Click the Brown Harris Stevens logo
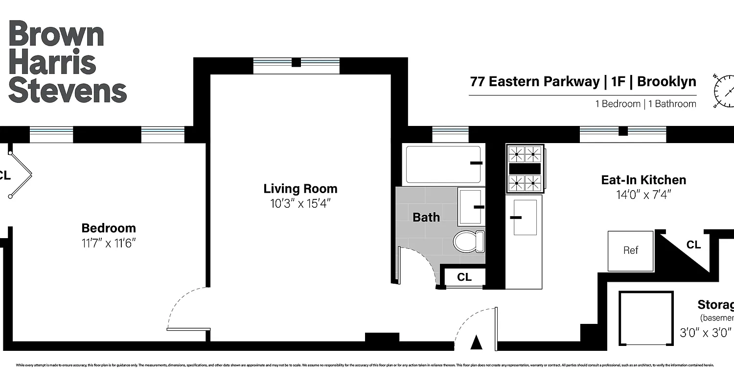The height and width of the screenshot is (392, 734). tap(68, 62)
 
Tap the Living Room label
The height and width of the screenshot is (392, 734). tap(300, 189)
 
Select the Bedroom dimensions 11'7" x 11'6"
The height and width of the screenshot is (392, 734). tap(108, 243)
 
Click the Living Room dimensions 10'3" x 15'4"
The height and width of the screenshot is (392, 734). tap(300, 203)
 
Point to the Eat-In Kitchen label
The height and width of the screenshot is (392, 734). tap(643, 180)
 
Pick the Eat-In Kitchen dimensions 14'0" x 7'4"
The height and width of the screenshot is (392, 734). tap(643, 195)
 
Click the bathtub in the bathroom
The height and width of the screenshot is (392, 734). tap(443, 164)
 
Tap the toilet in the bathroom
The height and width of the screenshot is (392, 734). tap(468, 242)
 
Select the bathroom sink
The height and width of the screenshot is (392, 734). tap(471, 206)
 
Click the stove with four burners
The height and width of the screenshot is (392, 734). tap(525, 169)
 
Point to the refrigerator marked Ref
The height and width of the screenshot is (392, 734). tap(630, 250)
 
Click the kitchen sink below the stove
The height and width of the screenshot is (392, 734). tap(524, 217)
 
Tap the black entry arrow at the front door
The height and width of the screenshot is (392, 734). tap(476, 343)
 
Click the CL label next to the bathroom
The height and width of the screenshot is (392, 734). tap(464, 277)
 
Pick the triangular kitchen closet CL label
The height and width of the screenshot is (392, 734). tap(693, 245)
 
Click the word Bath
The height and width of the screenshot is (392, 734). tap(426, 217)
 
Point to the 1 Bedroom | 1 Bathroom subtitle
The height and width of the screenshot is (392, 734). tap(645, 104)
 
